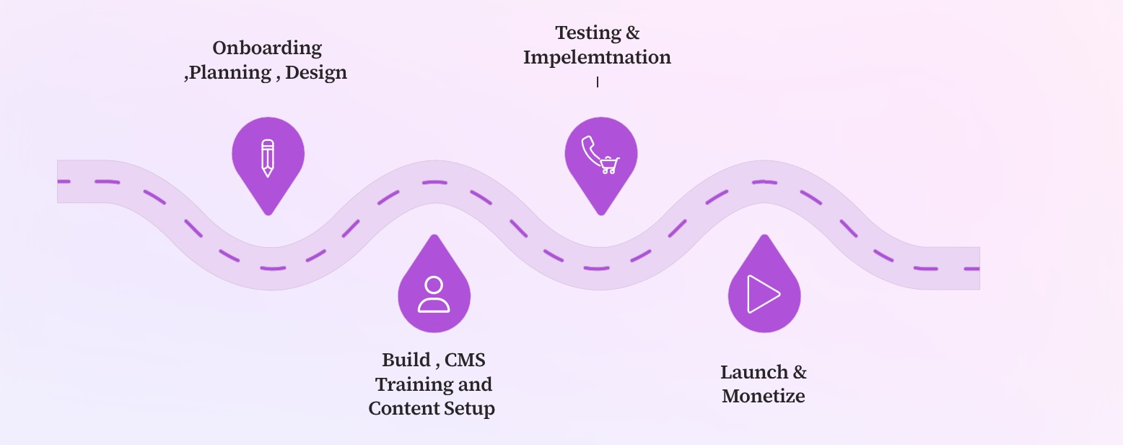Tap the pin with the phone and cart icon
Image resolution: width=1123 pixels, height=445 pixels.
point(600,155)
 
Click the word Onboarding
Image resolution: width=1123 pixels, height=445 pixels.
point(267,48)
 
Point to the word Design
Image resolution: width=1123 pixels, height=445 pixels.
point(316,73)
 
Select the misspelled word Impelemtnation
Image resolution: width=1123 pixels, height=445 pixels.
point(597,58)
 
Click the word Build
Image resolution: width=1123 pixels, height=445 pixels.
point(406,360)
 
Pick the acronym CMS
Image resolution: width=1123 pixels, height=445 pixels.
point(466,360)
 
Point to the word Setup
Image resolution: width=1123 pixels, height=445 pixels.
point(469,409)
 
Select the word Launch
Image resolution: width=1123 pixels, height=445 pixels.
point(753,373)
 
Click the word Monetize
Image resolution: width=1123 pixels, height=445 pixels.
point(764,397)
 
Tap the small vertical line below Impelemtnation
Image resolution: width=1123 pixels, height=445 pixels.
point(598,82)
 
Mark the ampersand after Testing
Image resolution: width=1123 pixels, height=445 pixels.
point(633,33)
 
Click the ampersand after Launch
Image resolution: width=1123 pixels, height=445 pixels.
point(800,373)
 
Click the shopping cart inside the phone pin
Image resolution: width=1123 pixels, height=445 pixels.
point(610,165)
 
